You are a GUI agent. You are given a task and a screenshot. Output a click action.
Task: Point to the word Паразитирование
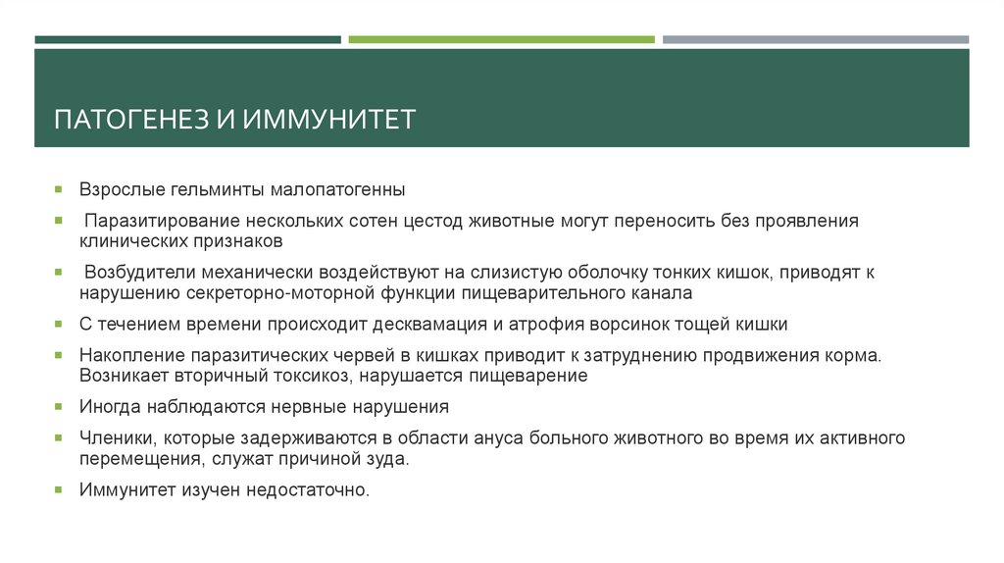pos(152,221)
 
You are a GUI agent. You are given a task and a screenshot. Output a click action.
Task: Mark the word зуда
pos(388,458)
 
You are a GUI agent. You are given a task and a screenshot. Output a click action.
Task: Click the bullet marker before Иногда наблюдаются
pos(59,406)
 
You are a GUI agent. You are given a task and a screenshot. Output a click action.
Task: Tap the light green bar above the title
pos(501,40)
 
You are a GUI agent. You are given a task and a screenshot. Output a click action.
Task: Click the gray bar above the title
pos(815,40)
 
